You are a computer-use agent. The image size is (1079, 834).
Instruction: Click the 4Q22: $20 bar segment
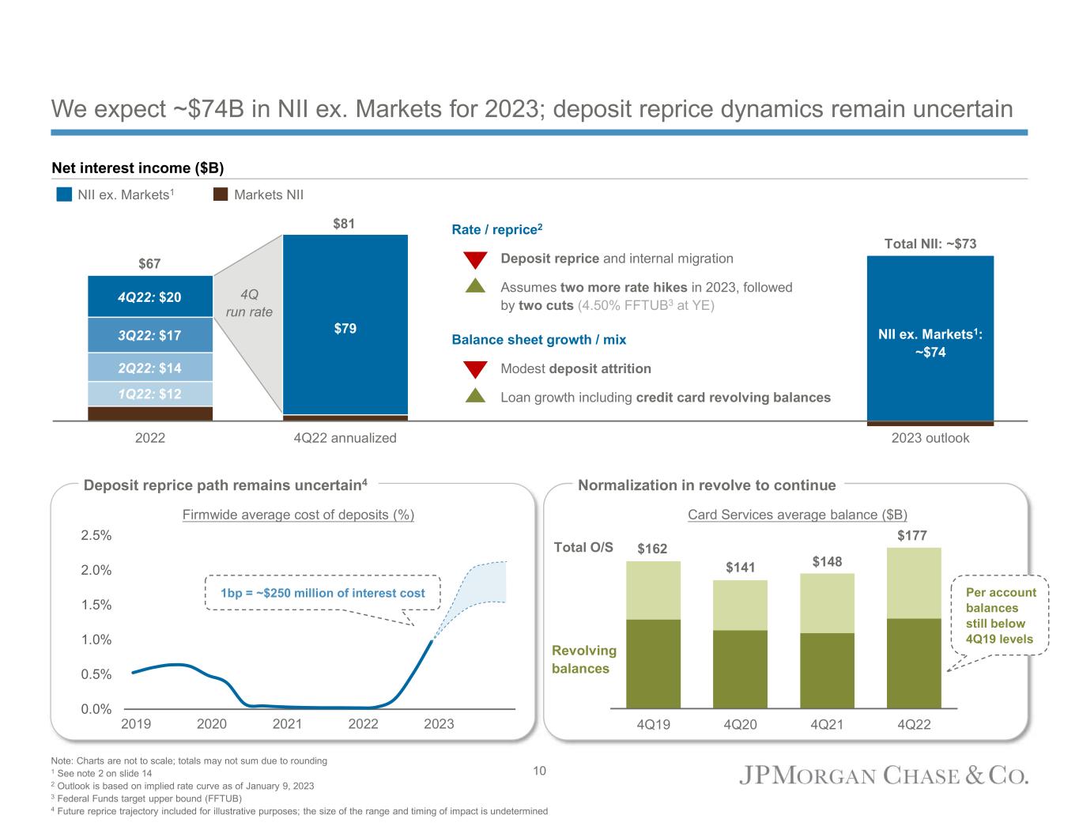tap(150, 297)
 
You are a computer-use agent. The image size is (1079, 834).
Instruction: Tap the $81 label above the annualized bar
tap(344, 224)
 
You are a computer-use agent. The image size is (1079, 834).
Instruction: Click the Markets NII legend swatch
tap(221, 195)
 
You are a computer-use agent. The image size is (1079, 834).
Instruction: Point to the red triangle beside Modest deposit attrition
tap(474, 369)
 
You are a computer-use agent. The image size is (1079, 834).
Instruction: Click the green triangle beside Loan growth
tap(474, 396)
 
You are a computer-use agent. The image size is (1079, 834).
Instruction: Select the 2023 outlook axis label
tap(930, 438)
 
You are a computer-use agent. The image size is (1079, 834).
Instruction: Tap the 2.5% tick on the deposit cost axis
tap(96, 535)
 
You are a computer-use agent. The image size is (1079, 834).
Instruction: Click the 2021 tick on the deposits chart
tap(287, 723)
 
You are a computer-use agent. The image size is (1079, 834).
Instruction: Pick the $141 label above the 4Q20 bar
tap(741, 568)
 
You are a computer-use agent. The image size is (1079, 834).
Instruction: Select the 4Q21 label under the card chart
tap(827, 723)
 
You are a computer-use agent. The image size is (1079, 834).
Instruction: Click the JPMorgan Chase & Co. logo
tap(883, 776)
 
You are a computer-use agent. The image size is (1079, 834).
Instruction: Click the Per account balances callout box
tap(1001, 615)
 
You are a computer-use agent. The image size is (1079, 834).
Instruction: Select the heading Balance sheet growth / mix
tap(538, 340)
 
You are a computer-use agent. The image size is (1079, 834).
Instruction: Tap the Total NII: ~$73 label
tap(930, 244)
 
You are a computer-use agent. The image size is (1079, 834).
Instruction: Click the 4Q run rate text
tap(249, 304)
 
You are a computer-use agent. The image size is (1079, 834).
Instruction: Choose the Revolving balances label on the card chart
tap(583, 659)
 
